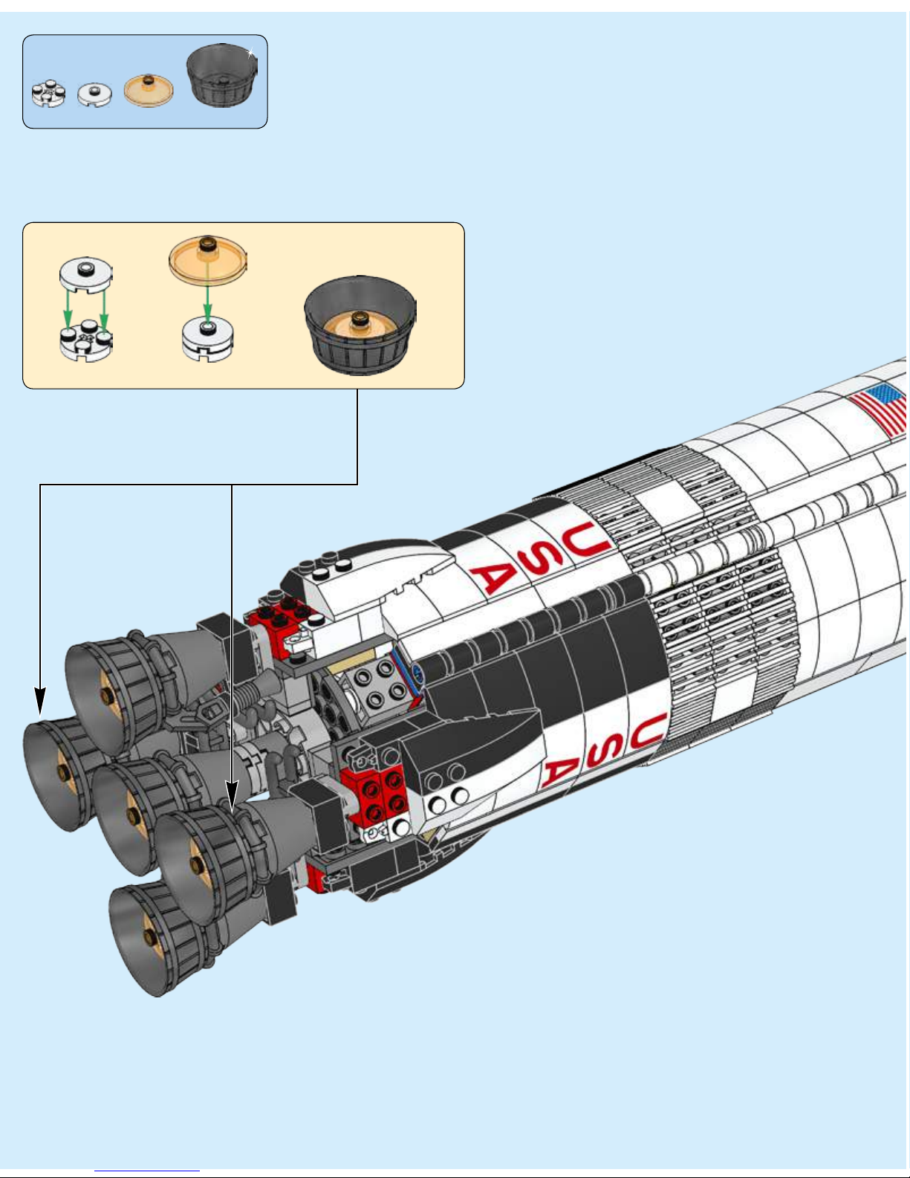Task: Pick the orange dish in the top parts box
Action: (x=149, y=89)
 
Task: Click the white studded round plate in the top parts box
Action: (x=48, y=92)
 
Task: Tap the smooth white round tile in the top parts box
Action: (x=95, y=94)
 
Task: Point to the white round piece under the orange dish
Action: (x=208, y=340)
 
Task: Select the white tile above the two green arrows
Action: (x=85, y=274)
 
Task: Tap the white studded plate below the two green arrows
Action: (x=85, y=342)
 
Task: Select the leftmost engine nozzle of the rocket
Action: (x=59, y=773)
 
